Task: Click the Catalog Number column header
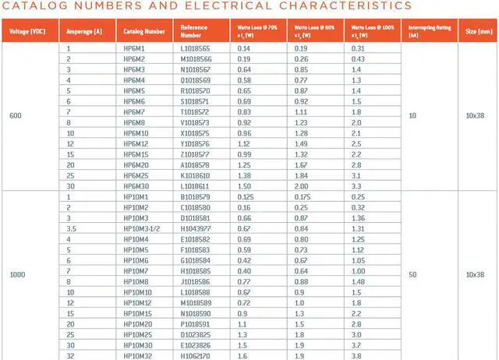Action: pyautogui.click(x=144, y=32)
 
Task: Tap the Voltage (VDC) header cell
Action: pyautogui.click(x=27, y=32)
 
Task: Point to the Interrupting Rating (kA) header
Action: pyautogui.click(x=429, y=32)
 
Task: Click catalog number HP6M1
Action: pyautogui.click(x=135, y=48)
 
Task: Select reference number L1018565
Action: pyautogui.click(x=196, y=48)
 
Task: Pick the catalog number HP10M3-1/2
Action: pyautogui.click(x=142, y=228)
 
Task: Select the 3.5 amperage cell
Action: pyautogui.click(x=71, y=228)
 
